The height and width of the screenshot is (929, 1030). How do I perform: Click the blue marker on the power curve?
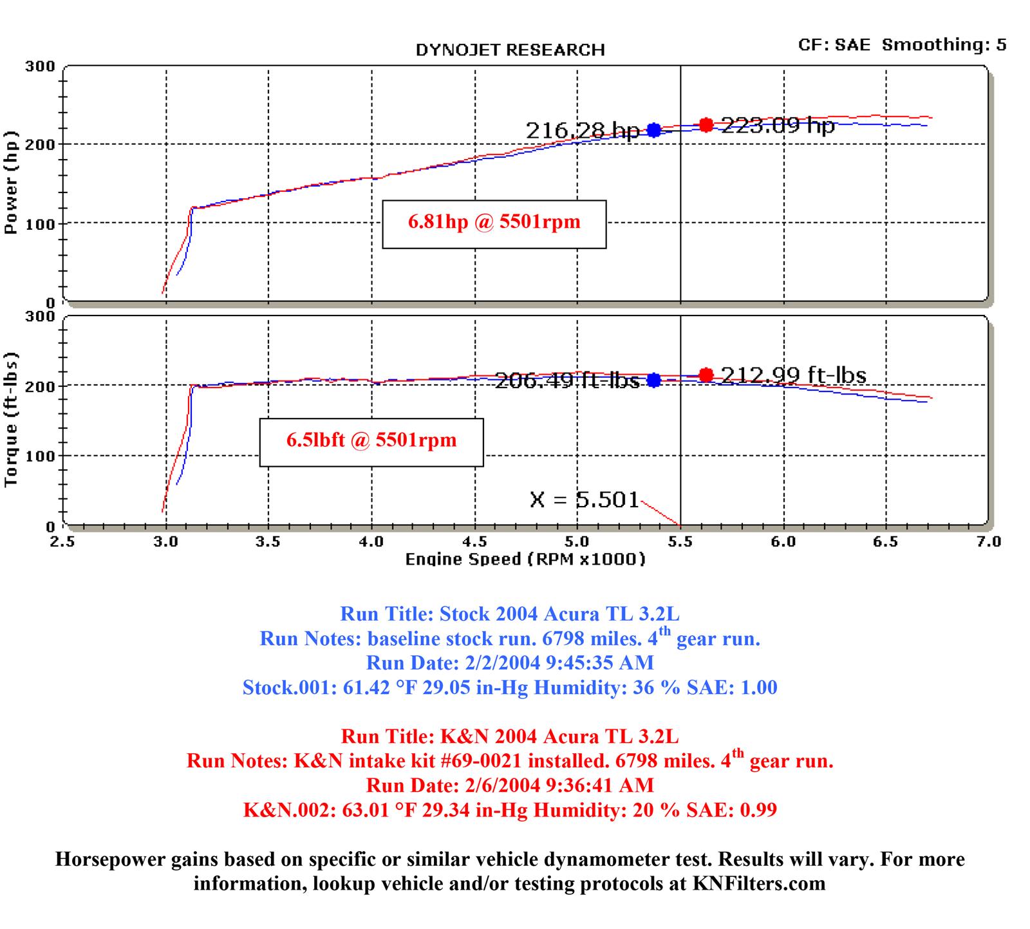(x=654, y=130)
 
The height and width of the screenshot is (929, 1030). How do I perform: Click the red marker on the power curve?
(x=706, y=125)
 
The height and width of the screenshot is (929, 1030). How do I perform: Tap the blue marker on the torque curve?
(x=654, y=380)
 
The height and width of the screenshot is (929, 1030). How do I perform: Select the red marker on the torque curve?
(x=706, y=375)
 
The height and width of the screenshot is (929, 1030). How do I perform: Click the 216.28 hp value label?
(x=583, y=131)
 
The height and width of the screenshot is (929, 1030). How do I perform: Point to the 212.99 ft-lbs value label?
(x=793, y=375)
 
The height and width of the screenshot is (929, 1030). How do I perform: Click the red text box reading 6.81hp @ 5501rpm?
(x=494, y=223)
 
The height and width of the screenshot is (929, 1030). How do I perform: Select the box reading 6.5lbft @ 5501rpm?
(x=371, y=441)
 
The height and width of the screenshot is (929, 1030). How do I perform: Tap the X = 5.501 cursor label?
(x=585, y=499)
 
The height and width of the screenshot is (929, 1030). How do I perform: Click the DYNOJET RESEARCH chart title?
(x=510, y=50)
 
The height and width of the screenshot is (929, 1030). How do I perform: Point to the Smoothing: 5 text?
(x=944, y=44)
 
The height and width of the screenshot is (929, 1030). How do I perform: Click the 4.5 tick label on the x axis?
(x=474, y=541)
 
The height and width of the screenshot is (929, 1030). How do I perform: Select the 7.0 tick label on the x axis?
(x=988, y=541)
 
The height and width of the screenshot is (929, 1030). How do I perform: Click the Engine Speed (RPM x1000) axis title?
(x=525, y=559)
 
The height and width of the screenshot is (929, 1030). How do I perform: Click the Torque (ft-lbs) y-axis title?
(x=10, y=419)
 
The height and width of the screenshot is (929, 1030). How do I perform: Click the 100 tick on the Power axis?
(x=43, y=223)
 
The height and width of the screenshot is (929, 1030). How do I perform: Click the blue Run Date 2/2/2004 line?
(x=510, y=662)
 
